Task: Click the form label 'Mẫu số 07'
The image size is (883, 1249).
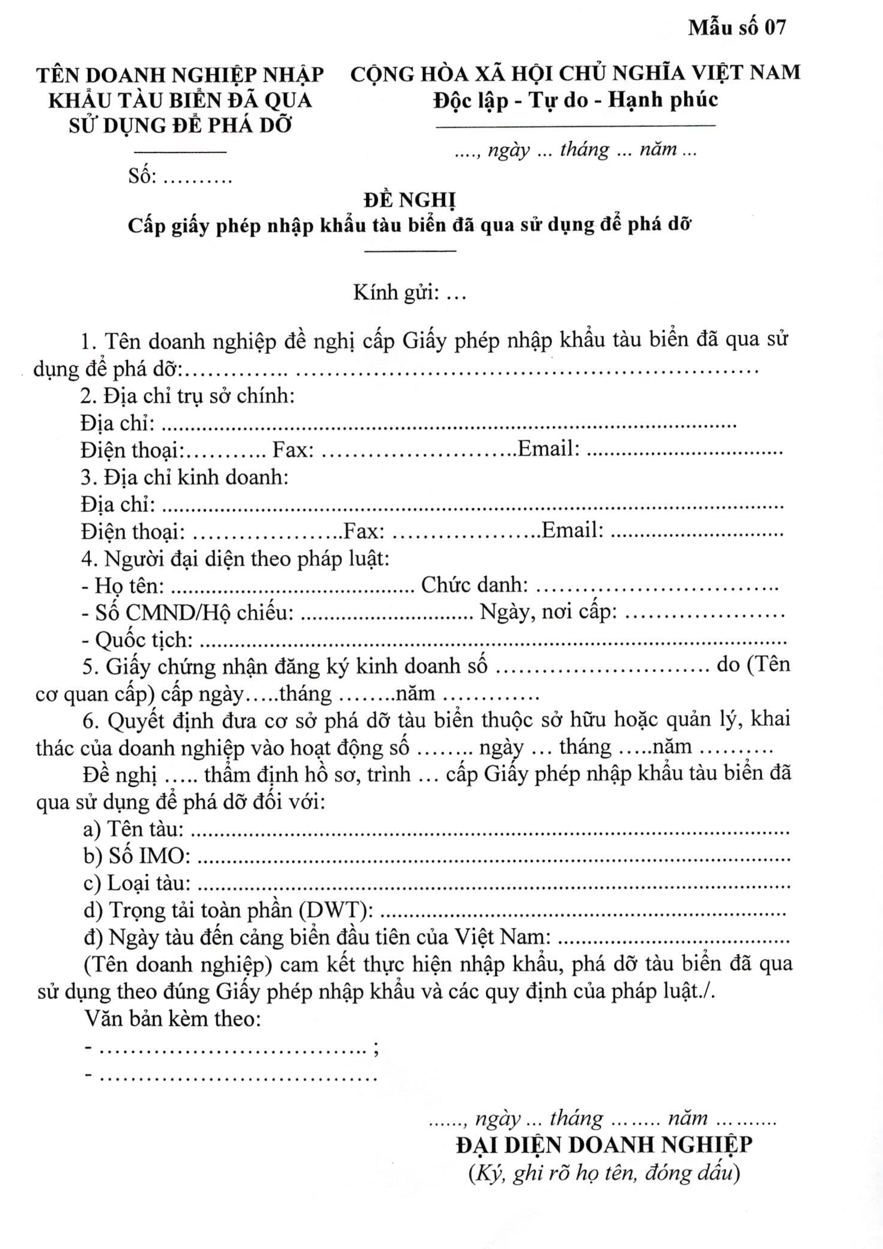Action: [737, 27]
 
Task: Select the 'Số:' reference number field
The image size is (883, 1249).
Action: [180, 176]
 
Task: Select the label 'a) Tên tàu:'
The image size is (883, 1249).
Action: [133, 829]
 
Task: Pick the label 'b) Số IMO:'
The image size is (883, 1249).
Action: [137, 856]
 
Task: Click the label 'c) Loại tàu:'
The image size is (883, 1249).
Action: [137, 883]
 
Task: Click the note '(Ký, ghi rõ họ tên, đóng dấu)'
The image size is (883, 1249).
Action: [604, 1172]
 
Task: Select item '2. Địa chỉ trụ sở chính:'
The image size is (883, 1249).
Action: [187, 395]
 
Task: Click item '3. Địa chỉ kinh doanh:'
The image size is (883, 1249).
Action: [184, 477]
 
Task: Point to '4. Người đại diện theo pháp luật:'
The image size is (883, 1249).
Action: [236, 559]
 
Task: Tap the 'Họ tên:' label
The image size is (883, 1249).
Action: [129, 585]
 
